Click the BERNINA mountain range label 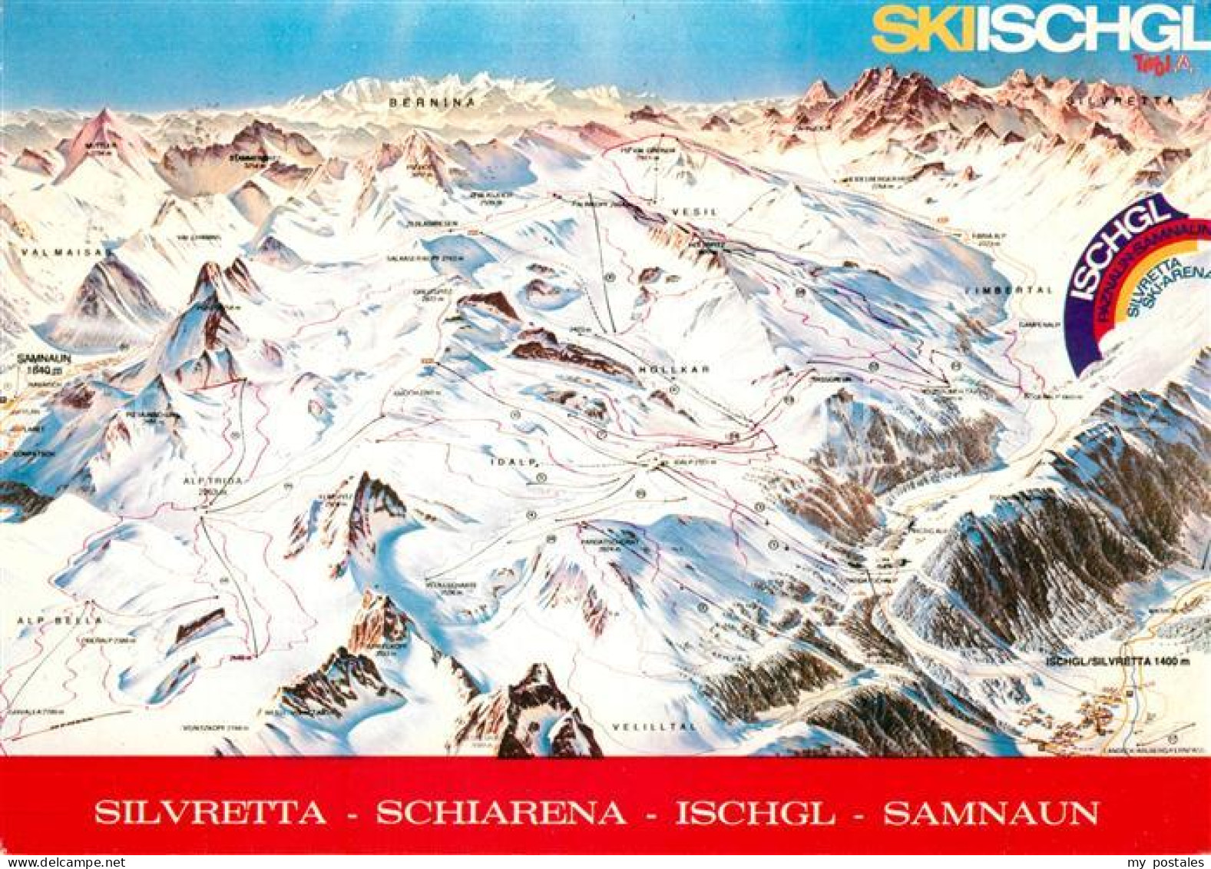pos(432,101)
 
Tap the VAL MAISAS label pos(57,251)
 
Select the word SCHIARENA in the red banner pos(501,813)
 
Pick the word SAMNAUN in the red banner pos(991,813)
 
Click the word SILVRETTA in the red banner pos(210,813)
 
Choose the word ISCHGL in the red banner pos(755,813)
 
